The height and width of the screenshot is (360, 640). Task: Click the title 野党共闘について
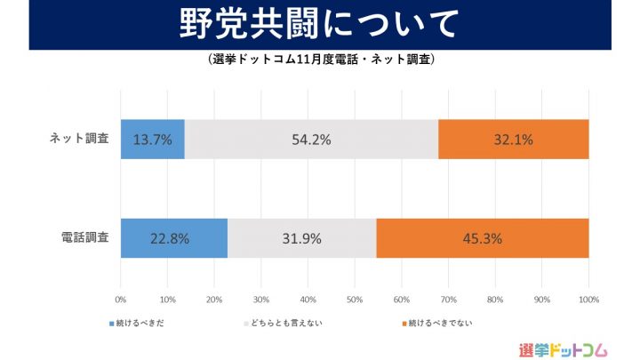[320, 26]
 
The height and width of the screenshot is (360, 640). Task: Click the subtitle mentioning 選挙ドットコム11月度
[320, 60]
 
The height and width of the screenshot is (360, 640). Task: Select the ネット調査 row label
[80, 139]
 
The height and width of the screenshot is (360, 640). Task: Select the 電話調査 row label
[80, 238]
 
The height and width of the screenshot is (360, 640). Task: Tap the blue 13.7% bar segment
[152, 140]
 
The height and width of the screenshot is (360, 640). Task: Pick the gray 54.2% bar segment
[311, 140]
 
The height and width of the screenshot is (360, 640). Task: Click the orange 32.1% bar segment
[514, 140]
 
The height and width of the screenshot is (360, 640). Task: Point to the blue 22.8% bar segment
[173, 238]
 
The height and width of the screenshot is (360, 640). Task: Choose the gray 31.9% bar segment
[302, 238]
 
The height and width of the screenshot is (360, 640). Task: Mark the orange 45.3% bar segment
[483, 238]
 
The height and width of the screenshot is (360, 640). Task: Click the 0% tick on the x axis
[120, 299]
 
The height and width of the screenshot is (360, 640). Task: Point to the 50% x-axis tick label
[354, 299]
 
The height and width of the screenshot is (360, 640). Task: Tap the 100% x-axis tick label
[588, 299]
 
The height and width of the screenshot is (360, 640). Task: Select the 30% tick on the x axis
[260, 299]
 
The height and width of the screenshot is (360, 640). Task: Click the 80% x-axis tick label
[494, 299]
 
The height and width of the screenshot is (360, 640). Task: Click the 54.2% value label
[311, 140]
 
